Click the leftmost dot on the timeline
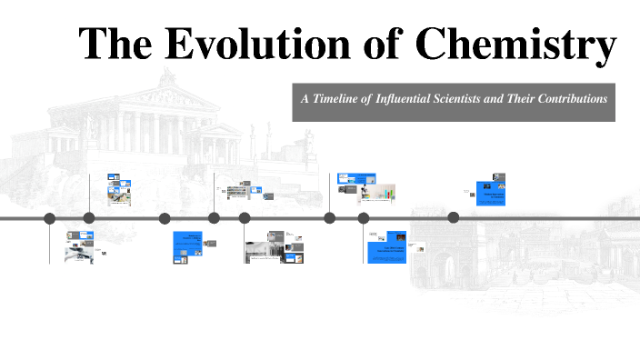tap(49, 218)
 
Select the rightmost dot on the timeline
tap(454, 217)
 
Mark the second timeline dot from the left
tap(89, 218)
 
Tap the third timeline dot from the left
tap(165, 218)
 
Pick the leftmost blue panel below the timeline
tap(185, 247)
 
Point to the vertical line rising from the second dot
tap(89, 193)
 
